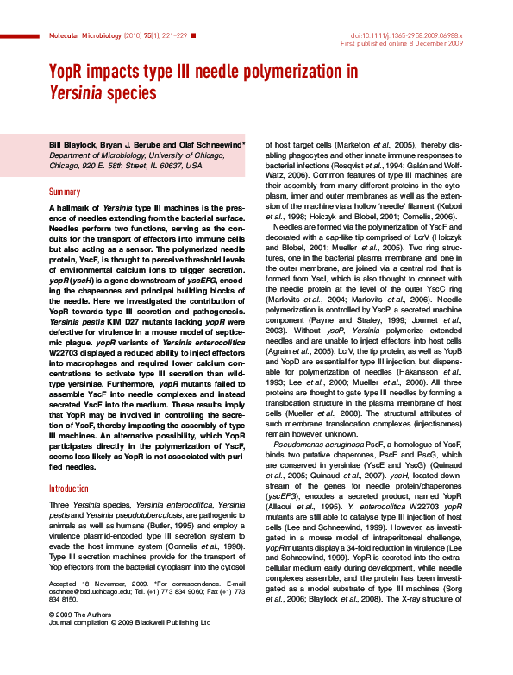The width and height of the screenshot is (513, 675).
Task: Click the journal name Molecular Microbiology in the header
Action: [78, 36]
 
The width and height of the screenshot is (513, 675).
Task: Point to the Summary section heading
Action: [65, 192]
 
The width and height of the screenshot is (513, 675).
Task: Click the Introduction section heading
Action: [71, 489]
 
